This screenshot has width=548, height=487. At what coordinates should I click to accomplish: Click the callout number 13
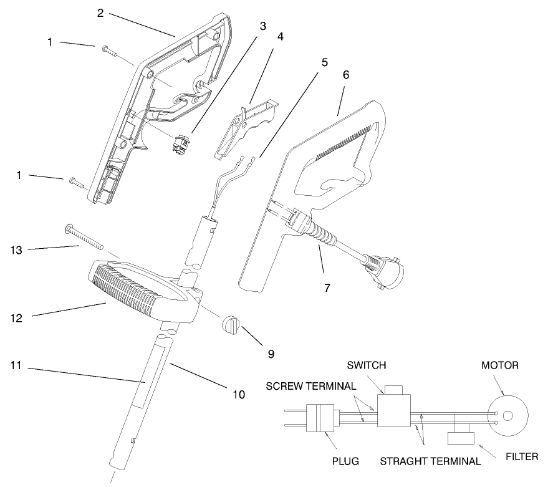[x=17, y=250]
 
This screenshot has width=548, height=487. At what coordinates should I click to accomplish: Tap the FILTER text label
[x=521, y=456]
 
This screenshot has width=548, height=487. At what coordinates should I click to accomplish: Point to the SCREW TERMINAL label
[x=311, y=385]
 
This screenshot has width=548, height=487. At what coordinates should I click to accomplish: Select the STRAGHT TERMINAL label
[x=431, y=462]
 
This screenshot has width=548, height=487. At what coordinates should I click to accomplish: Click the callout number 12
[x=17, y=317]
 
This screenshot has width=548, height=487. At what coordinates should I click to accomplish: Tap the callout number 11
[x=17, y=365]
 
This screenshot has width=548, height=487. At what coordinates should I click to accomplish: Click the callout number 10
[x=238, y=394]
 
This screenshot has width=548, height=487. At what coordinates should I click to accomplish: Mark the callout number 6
[x=346, y=74]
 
